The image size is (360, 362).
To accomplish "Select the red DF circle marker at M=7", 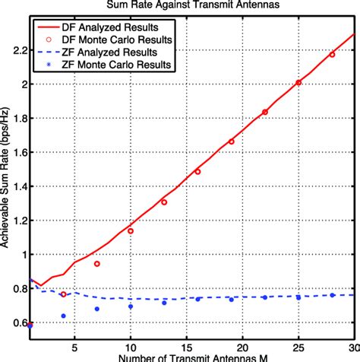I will tap(96, 264).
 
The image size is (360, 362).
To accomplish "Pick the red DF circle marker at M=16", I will tap(197, 172).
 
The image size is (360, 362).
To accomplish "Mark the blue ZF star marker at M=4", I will tap(63, 316).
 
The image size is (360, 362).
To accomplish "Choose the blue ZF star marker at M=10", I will tap(131, 306).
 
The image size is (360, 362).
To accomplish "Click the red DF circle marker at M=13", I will tap(164, 202).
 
